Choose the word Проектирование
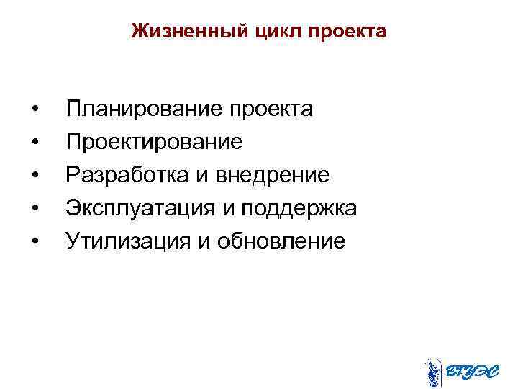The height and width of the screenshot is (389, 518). coord(154,142)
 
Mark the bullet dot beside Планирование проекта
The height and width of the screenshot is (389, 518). coord(35,110)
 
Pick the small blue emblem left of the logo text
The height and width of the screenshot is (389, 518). coord(432,372)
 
